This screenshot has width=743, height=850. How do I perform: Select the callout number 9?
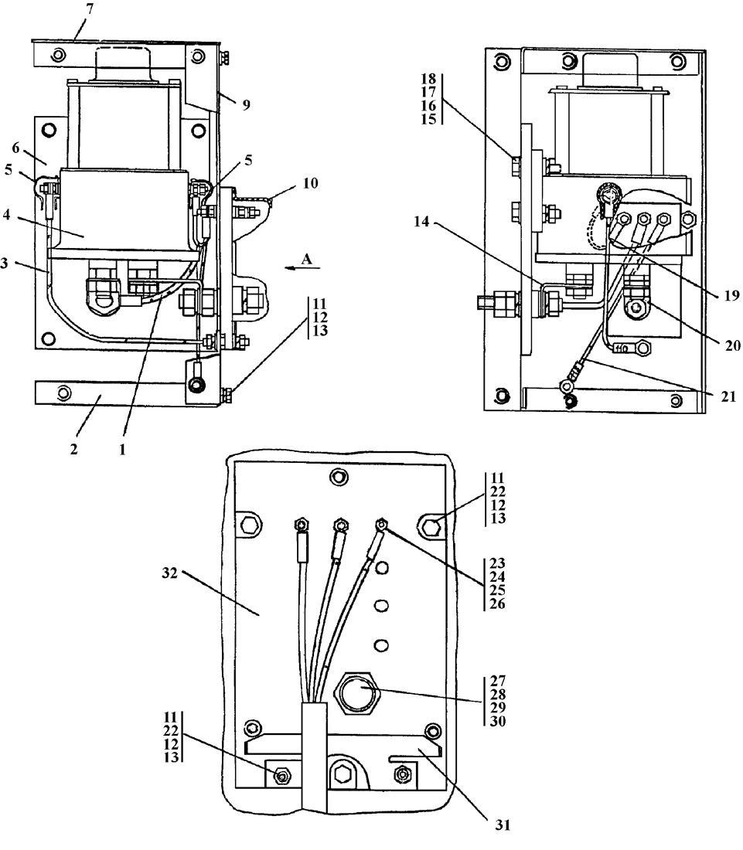(245, 104)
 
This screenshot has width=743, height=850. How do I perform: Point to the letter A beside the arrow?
(307, 260)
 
